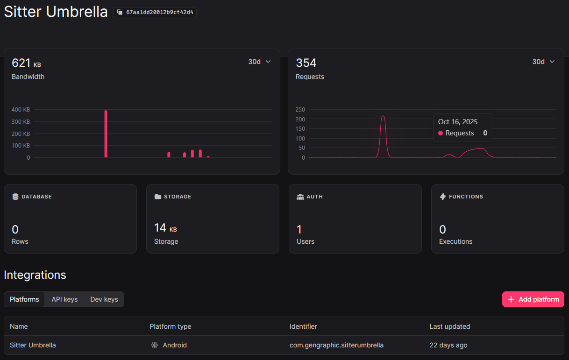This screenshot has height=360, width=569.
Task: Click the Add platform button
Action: coord(533,299)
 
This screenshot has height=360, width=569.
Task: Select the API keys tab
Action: coord(64,299)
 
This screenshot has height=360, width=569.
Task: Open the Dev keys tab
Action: coord(104,299)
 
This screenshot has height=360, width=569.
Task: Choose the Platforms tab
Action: coord(24,299)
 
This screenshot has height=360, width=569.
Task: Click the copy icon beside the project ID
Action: coord(120,12)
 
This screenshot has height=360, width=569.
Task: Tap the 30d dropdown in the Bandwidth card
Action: coord(259,62)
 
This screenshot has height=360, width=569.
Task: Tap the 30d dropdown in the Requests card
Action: coord(543,62)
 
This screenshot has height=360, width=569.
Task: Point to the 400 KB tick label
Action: coord(21,110)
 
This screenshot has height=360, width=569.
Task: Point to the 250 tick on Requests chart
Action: coord(300,110)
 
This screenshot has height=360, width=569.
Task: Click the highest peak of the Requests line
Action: coord(383,117)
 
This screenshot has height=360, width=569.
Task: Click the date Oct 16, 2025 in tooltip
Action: coord(458,122)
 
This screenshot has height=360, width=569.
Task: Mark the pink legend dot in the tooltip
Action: coord(441,134)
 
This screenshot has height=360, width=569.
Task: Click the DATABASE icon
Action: coord(15,197)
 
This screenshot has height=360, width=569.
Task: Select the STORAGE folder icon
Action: coord(158,197)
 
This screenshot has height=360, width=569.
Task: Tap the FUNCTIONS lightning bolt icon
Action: coord(443,197)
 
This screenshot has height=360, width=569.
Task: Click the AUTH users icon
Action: coord(300,197)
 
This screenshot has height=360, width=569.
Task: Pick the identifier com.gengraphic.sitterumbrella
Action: coord(336,345)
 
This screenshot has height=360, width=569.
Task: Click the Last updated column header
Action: coord(450,326)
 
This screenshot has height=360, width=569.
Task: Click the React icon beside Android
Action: coord(155,345)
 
